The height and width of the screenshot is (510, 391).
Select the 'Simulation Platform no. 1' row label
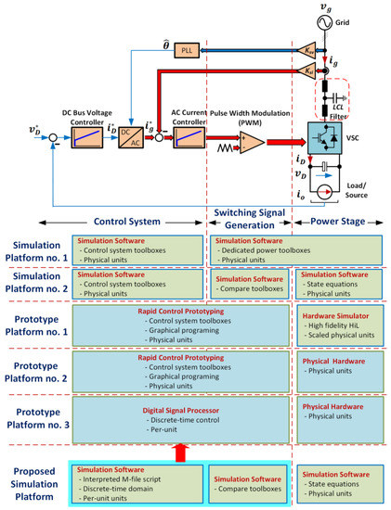[x=35, y=251]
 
